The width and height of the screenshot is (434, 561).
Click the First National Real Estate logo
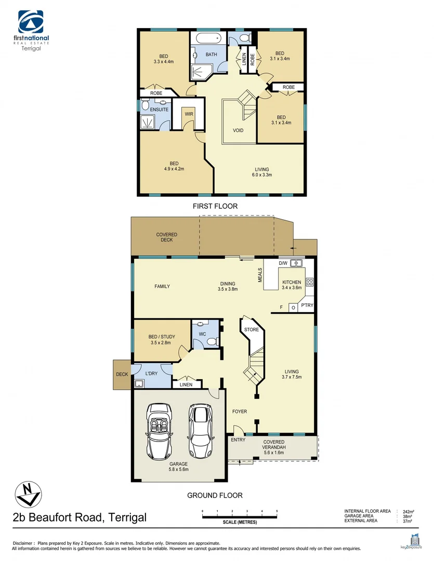34,30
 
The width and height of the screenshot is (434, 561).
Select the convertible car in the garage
160,431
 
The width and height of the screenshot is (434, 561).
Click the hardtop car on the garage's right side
201,430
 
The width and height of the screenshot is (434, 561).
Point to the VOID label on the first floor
238,130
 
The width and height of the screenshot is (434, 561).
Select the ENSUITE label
159,110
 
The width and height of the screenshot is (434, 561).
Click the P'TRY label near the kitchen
307,305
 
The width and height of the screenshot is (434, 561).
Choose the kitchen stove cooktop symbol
310,282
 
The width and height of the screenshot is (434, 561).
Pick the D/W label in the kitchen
283,263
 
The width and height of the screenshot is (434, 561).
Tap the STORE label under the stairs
252,329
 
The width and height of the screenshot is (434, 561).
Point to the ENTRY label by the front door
238,440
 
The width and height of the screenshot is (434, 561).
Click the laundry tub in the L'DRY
139,384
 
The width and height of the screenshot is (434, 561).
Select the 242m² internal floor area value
409,512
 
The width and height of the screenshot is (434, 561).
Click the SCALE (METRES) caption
240,522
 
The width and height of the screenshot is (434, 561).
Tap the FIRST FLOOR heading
215,206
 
